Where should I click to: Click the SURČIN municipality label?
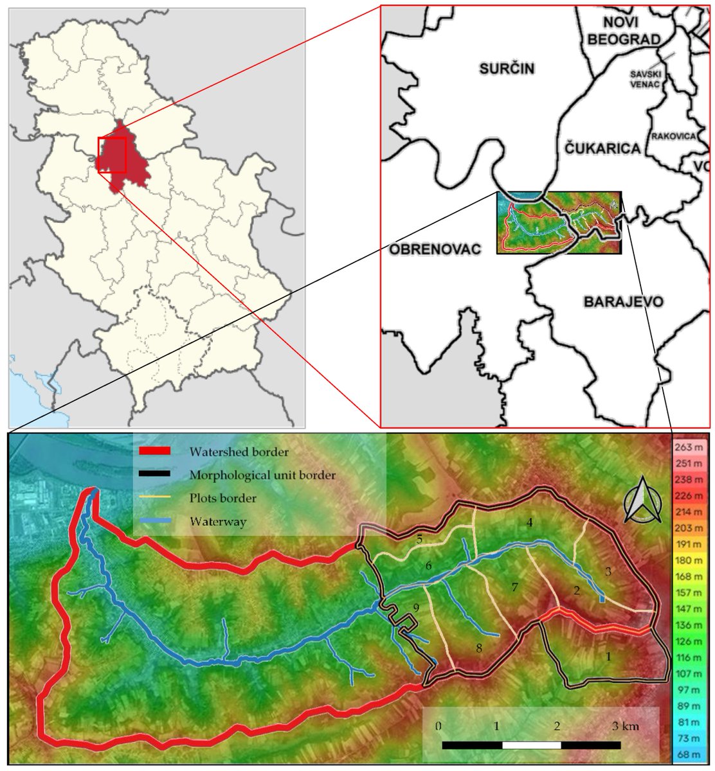coord(507,69)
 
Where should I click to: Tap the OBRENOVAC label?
coord(435,249)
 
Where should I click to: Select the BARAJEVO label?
coord(623,301)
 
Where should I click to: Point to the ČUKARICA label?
coord(602,148)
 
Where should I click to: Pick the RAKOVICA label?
coord(673,136)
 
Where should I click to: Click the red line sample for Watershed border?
coord(154,451)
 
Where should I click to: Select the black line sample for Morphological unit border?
coord(154,474)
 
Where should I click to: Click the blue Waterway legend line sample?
coord(154,521)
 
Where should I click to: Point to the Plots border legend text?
coord(222,498)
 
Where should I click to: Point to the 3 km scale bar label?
coord(626,726)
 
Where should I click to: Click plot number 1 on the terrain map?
coord(609,657)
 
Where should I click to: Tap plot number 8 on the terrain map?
coord(478,648)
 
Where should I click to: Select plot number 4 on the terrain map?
coord(529,522)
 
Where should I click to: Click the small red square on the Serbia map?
coord(112,154)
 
